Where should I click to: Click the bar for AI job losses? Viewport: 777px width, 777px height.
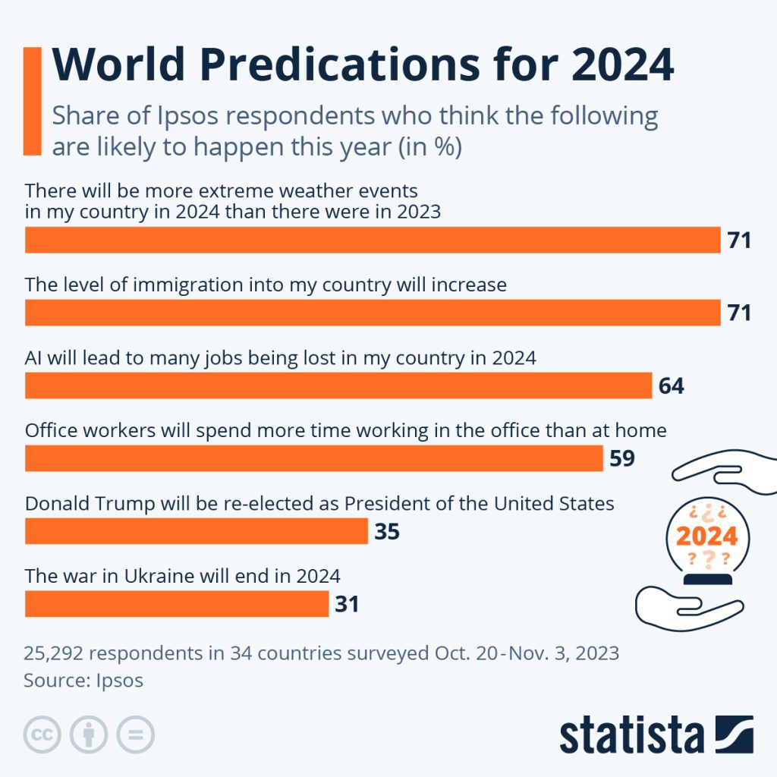click(x=338, y=385)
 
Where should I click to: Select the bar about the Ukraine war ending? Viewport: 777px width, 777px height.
click(x=177, y=604)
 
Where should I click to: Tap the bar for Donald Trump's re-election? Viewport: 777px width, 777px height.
click(x=197, y=531)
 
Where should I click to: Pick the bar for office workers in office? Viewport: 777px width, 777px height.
click(x=314, y=458)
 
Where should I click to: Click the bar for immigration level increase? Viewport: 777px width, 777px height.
click(x=373, y=313)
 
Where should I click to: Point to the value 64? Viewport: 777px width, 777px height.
click(x=671, y=386)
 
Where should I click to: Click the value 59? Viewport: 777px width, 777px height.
click(x=621, y=459)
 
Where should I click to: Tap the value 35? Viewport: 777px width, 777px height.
click(x=386, y=532)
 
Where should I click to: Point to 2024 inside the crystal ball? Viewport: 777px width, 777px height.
click(x=706, y=536)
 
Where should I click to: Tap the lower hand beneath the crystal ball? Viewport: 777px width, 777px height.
click(x=687, y=608)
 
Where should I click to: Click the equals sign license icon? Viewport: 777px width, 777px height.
click(x=135, y=735)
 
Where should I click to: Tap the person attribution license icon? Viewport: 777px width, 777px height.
click(x=89, y=735)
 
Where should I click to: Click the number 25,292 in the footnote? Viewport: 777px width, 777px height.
click(x=57, y=653)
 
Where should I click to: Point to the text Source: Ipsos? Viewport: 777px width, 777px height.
click(x=83, y=680)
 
